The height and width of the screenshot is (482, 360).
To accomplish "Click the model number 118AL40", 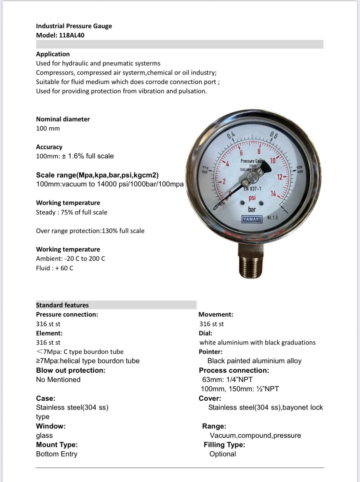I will click(72, 35).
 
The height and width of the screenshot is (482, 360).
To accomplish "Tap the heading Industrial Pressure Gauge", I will click(74, 26).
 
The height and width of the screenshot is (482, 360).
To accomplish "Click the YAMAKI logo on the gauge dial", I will click(252, 219).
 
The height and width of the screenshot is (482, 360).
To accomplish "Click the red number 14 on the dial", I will click(273, 194).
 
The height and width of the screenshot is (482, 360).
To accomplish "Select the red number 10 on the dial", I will click(273, 160).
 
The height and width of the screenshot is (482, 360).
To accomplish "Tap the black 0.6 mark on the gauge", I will click(274, 135).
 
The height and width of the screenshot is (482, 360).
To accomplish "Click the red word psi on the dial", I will click(252, 198).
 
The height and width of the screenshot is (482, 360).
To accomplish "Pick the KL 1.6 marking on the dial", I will click(273, 217).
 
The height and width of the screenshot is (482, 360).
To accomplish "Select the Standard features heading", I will click(62, 305).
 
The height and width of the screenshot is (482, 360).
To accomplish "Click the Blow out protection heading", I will click(71, 370).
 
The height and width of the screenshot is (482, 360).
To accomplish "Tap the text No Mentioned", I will click(58, 379).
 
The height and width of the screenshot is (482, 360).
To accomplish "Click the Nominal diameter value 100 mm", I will click(48, 128).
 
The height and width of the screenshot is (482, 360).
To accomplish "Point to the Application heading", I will click(53, 54).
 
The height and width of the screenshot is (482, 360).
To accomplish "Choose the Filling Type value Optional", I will click(222, 454).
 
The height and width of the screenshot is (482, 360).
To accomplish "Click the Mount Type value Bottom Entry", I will click(57, 454).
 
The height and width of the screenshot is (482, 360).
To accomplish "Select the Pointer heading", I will click(210, 352).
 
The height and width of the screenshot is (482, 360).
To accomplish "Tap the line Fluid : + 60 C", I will click(55, 268).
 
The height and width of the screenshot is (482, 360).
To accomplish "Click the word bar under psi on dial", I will click(252, 209).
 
